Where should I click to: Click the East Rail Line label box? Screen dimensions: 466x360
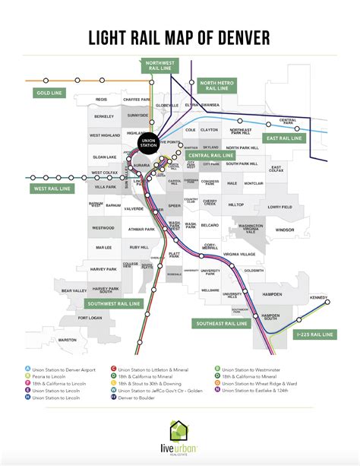[x=283, y=139]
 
